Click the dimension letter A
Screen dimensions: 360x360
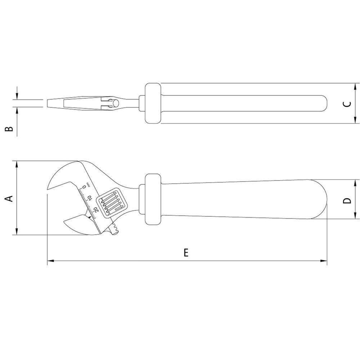pyautogui.click(x=10, y=198)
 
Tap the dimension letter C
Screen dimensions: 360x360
pyautogui.click(x=347, y=104)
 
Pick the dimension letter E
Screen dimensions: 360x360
pyautogui.click(x=186, y=253)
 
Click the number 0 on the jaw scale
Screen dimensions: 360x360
pyautogui.click(x=84, y=187)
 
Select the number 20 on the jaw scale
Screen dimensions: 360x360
pyautogui.click(x=96, y=210)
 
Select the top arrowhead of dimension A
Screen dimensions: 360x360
pyautogui.click(x=17, y=164)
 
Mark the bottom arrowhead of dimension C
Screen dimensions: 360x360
pyautogui.click(x=355, y=120)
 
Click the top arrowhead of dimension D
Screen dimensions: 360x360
pyautogui.click(x=355, y=182)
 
